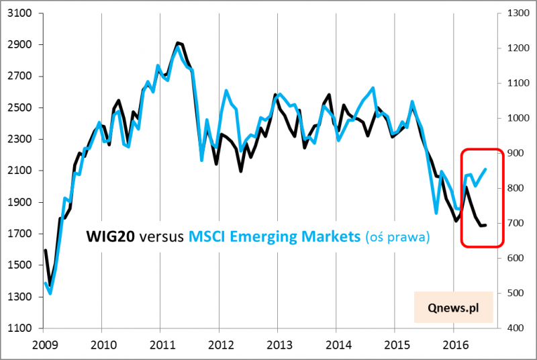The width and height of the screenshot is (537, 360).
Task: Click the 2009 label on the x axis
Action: coord(43,345)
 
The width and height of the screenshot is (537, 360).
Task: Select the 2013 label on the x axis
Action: coord(277,345)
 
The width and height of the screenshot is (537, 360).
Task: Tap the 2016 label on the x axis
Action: coord(453,345)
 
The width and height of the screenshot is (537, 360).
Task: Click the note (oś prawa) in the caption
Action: coord(397,236)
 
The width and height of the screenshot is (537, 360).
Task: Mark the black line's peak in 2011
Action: coord(177,43)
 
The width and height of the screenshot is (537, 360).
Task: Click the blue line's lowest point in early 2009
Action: coord(50,293)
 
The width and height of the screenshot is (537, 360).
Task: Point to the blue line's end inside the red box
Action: coord(486,169)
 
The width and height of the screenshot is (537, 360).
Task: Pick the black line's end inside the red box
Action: coord(486,225)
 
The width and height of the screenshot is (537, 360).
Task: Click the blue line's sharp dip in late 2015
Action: coord(436,213)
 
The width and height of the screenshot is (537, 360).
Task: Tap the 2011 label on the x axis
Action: coord(160,345)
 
